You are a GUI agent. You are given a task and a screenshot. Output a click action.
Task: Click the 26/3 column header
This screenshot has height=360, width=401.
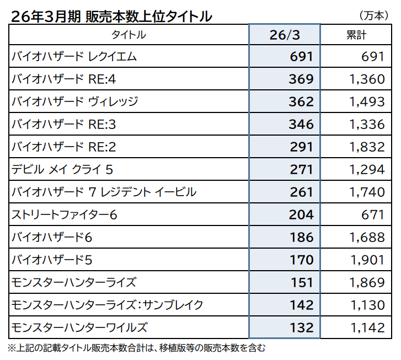click(285, 35)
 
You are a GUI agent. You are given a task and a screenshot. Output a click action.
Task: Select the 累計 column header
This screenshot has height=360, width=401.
click(356, 35)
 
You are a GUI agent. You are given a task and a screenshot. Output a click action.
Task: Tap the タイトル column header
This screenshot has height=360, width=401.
click(129, 35)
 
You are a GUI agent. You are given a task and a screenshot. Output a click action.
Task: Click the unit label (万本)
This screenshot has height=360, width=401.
click(374, 16)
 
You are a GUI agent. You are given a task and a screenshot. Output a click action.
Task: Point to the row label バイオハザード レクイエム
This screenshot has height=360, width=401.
click(74, 56)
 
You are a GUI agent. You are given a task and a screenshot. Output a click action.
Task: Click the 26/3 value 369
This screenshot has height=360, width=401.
click(301, 79)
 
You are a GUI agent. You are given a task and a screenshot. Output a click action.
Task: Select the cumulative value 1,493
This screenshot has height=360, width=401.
click(367, 102)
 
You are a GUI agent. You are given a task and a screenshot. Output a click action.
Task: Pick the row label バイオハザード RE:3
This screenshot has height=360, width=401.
click(63, 124)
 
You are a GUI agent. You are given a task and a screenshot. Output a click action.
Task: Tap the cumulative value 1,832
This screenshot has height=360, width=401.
click(367, 147)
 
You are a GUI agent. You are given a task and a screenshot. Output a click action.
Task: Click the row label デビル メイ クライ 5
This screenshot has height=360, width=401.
click(62, 169)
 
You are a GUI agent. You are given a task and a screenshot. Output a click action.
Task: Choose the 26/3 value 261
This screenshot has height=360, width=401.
click(301, 192)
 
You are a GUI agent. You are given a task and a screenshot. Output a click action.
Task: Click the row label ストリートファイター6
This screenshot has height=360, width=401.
click(65, 215)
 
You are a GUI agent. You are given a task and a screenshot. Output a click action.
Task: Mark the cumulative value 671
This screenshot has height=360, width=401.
click(373, 215)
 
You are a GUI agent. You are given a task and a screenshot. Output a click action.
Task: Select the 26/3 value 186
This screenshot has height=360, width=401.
click(302, 237)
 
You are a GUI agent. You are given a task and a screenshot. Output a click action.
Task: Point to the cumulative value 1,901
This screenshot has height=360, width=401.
click(367, 260)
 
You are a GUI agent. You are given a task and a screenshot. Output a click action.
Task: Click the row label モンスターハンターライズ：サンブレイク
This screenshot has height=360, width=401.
click(107, 305)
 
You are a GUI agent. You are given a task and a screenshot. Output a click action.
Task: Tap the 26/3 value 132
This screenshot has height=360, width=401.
click(302, 328)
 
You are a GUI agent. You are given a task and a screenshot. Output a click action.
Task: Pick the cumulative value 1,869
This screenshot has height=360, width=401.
click(367, 282)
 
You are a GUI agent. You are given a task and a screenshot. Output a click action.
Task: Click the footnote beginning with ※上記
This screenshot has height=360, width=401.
click(137, 348)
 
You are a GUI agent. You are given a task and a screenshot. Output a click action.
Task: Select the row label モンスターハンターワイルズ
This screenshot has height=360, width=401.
click(79, 328)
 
